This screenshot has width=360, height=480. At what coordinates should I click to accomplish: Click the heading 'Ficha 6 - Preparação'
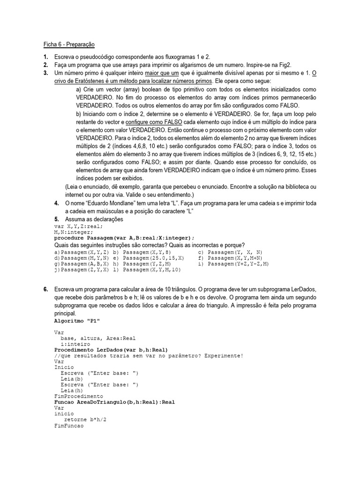pyautogui.click(x=69, y=45)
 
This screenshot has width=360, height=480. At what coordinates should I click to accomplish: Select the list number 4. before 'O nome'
pyautogui.click(x=56, y=203)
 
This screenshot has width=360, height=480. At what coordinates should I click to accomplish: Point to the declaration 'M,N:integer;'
pyautogui.click(x=74, y=232)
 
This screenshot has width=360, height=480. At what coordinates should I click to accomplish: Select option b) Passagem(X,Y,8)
pyautogui.click(x=142, y=252)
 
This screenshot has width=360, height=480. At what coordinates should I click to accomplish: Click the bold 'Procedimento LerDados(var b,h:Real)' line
pyautogui.click(x=111, y=350)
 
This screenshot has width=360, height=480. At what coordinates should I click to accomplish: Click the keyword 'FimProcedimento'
pyautogui.click(x=78, y=396)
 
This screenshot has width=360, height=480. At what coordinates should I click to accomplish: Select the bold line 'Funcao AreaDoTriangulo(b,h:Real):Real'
pyautogui.click(x=114, y=402)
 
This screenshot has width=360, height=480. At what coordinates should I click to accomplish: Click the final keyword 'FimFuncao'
pyautogui.click(x=69, y=426)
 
